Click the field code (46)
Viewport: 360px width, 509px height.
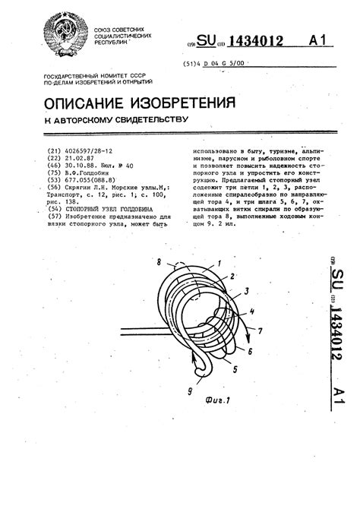tap(52, 166)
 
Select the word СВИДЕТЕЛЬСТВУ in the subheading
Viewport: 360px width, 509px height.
tap(152, 120)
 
